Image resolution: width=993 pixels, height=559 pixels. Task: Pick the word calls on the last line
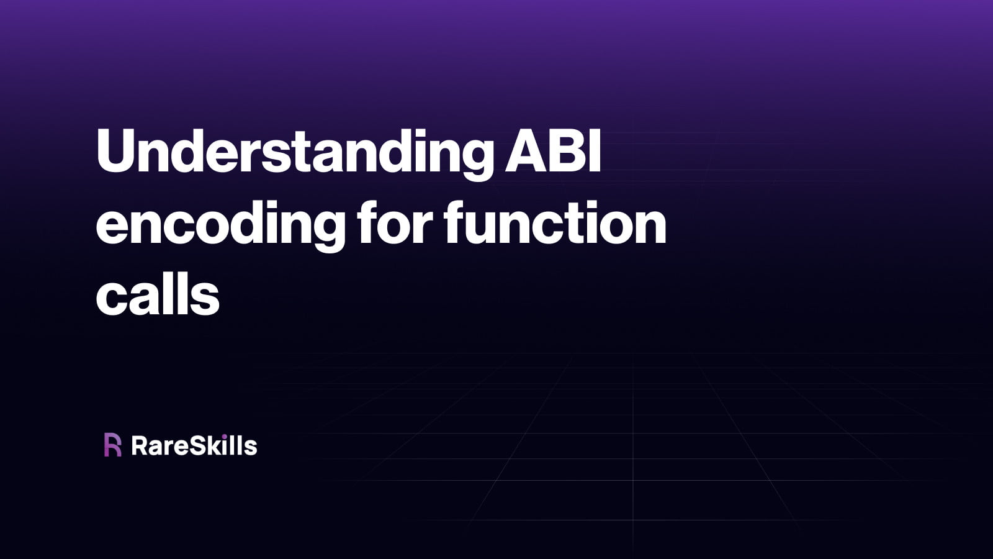pos(158,296)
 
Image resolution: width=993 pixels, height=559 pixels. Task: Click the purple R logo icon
pos(112,445)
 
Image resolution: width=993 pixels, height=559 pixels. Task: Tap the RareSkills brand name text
pos(194,446)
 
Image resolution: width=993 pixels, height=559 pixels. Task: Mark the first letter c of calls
pos(110,298)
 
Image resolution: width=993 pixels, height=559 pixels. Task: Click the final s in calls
pos(208,298)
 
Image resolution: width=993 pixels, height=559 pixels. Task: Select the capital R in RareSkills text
pos(140,446)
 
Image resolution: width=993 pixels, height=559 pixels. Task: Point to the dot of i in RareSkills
pos(227,436)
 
